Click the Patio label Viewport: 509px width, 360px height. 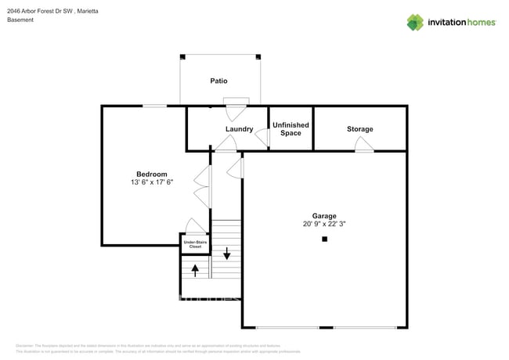point(218,81)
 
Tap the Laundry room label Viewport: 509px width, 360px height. point(239,129)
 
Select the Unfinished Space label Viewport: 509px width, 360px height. point(290,129)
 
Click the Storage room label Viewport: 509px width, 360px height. point(359,129)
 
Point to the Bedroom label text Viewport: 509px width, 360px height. point(151,174)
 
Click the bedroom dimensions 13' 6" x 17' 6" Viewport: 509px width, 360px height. point(151,182)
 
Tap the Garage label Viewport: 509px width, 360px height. point(324,215)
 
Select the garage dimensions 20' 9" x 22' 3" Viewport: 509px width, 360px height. point(324,224)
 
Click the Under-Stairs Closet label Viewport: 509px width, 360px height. point(196,244)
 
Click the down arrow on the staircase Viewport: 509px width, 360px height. point(227,254)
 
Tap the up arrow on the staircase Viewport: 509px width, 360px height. point(195,270)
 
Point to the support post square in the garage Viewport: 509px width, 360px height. point(324,240)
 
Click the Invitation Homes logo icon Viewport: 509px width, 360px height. point(415,22)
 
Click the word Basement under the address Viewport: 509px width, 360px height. point(20,20)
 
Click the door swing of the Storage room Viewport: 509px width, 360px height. point(364,145)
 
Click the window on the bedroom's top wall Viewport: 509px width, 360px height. point(154,106)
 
